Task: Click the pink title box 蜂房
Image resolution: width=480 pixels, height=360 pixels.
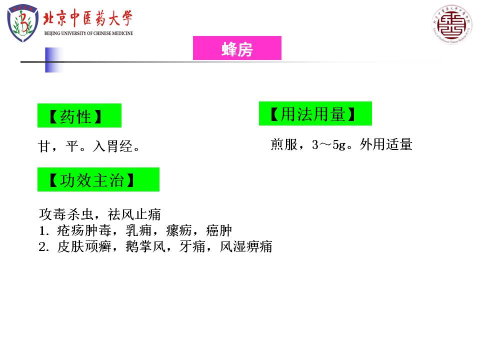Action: (237, 48)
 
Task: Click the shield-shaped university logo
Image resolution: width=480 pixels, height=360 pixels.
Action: (22, 23)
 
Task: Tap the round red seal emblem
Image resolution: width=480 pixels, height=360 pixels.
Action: (452, 24)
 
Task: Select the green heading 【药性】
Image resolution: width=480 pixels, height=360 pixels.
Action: (79, 115)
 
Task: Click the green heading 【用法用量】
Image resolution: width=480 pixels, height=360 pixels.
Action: (315, 113)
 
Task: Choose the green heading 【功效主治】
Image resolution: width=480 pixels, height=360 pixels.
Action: (98, 179)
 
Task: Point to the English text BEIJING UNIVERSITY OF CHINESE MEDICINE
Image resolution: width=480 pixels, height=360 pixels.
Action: (89, 33)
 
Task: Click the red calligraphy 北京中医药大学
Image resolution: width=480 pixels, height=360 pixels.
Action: (87, 18)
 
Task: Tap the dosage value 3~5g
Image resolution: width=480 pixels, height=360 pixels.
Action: (329, 145)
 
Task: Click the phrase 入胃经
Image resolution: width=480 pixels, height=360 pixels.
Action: (112, 146)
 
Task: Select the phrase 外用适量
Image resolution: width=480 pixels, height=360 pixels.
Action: (386, 144)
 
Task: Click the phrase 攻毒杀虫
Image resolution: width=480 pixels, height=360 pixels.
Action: (66, 214)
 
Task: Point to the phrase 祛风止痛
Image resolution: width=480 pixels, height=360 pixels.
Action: (134, 214)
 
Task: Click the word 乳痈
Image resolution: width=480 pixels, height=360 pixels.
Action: (138, 230)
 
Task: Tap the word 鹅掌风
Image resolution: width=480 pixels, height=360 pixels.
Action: (145, 246)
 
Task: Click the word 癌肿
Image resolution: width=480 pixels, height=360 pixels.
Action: (219, 230)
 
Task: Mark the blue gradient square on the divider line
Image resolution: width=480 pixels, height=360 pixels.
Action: (54, 60)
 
